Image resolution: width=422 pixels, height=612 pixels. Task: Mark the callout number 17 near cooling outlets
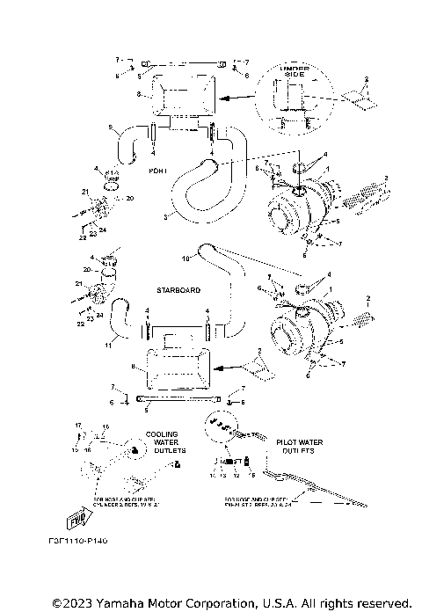pos(77,426)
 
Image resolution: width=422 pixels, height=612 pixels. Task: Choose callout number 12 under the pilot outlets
pos(235,474)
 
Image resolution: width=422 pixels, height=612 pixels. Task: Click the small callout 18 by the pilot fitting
pos(252,474)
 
